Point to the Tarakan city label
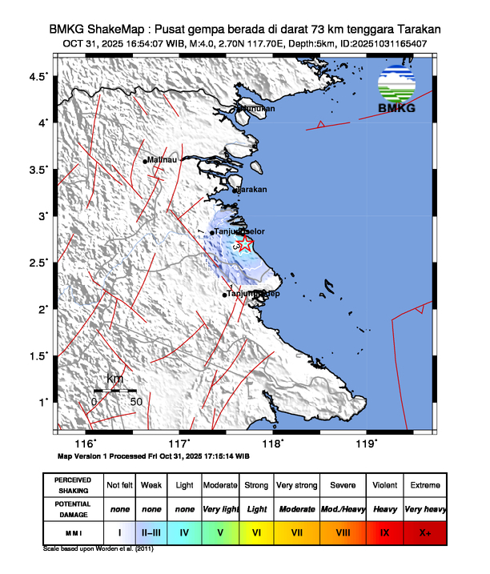252,190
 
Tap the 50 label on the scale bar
136,401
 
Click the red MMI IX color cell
384,531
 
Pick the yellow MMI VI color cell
257,531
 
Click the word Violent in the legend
384,485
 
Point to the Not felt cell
119,485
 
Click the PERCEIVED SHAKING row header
73,485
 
